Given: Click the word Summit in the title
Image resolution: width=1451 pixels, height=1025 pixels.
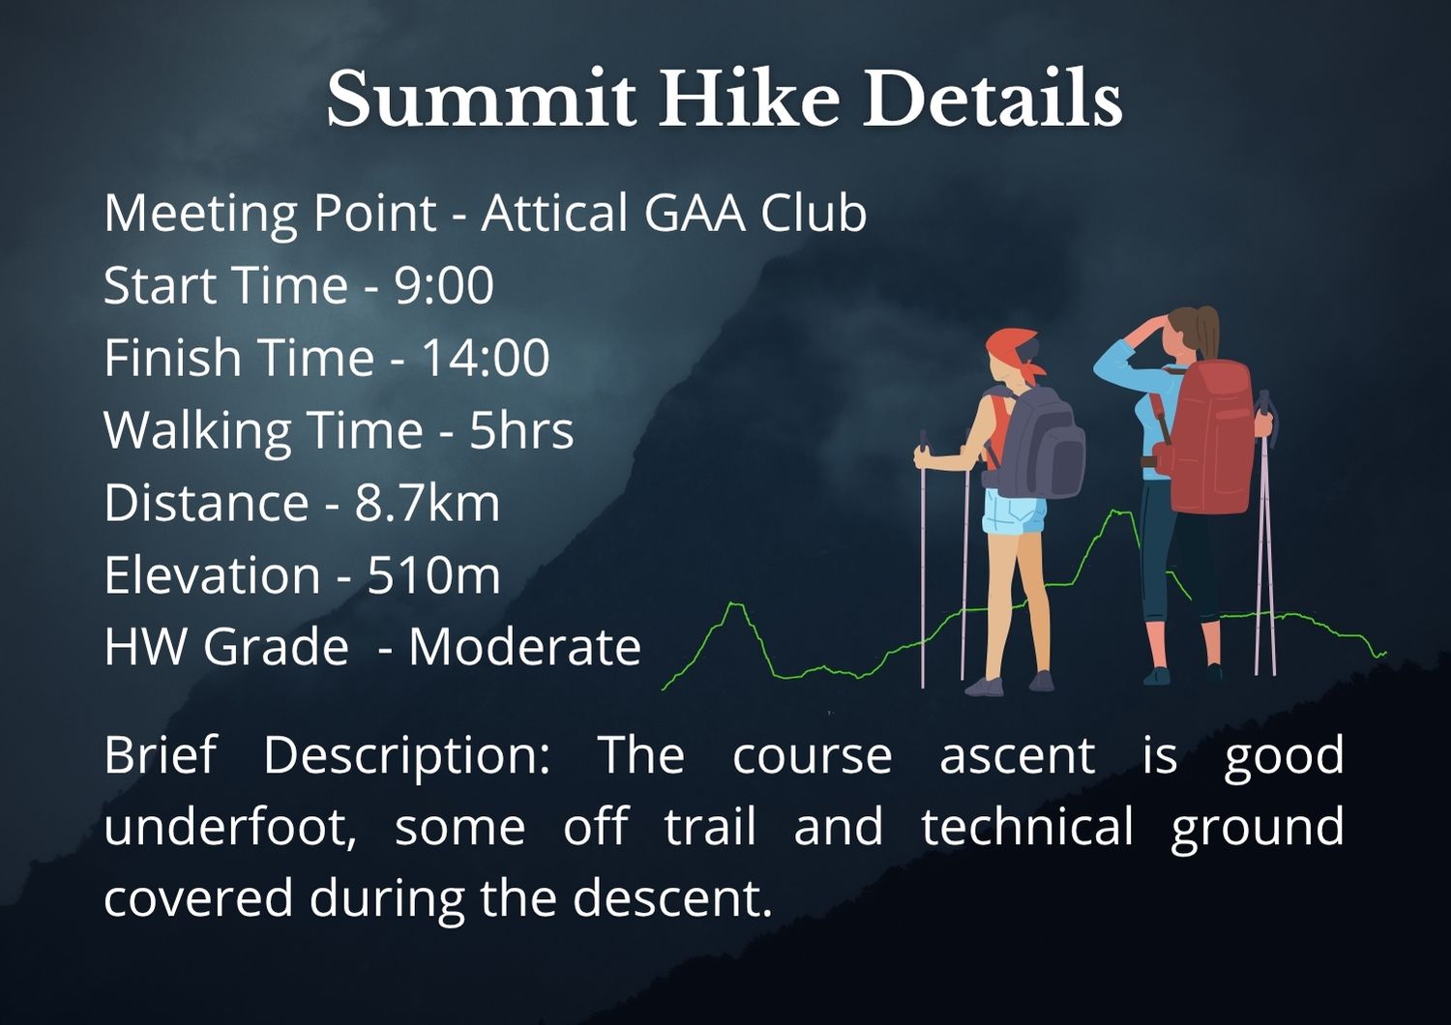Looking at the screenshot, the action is pos(482,99).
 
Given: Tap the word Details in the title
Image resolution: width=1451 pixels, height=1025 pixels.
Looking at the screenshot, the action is pos(992,98).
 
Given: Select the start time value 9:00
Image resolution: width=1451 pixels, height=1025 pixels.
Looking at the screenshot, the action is pos(444,285).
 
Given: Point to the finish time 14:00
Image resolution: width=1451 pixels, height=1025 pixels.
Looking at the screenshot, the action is pos(486,358).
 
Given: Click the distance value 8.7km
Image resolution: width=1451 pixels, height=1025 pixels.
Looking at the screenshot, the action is pos(428,503).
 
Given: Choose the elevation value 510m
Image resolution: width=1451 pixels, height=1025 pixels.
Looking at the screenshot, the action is pos(434,575).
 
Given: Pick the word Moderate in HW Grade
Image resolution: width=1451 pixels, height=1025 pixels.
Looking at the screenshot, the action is pos(524,648).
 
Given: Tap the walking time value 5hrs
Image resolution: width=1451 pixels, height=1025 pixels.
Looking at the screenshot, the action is pos(521,430).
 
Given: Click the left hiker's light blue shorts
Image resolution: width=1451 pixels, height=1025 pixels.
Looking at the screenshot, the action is pos(1014,512).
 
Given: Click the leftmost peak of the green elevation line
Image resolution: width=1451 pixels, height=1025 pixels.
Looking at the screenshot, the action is pos(734,604).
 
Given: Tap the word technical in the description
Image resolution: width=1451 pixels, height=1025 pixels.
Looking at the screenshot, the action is pos(1027,827).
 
